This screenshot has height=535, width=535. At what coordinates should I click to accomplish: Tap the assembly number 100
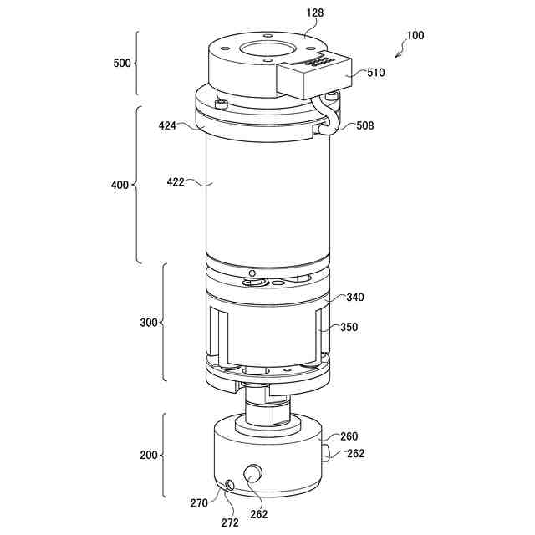coord(415,36)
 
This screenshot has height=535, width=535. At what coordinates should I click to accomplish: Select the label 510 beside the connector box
coord(375,73)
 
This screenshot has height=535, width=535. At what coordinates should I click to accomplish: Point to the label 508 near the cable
coord(364,126)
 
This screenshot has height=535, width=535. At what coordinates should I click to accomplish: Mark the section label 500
coord(123,63)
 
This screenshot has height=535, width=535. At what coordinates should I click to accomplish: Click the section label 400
coord(119,184)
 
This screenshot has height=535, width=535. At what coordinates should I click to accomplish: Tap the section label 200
coord(148,456)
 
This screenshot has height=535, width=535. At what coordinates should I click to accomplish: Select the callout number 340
coord(354,298)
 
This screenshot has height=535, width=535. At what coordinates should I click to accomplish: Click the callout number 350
coord(349,328)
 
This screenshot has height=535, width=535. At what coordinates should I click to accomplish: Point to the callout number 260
coord(349,436)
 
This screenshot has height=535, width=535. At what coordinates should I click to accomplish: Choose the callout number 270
coord(198,502)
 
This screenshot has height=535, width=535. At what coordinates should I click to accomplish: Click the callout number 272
coord(230,522)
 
